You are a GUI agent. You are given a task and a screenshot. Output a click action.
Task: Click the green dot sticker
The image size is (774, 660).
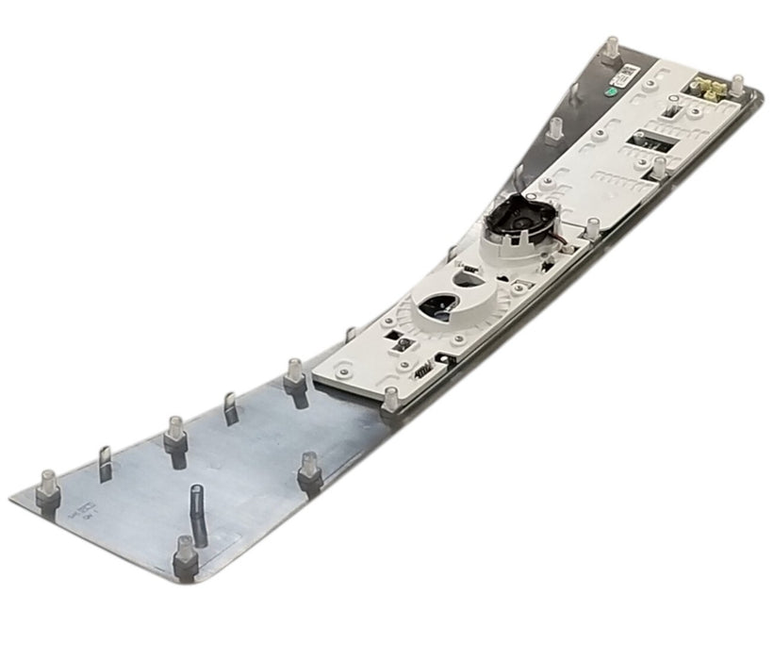[x=612, y=92]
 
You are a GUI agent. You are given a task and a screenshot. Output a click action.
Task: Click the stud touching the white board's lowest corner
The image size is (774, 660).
[x=389, y=397]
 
